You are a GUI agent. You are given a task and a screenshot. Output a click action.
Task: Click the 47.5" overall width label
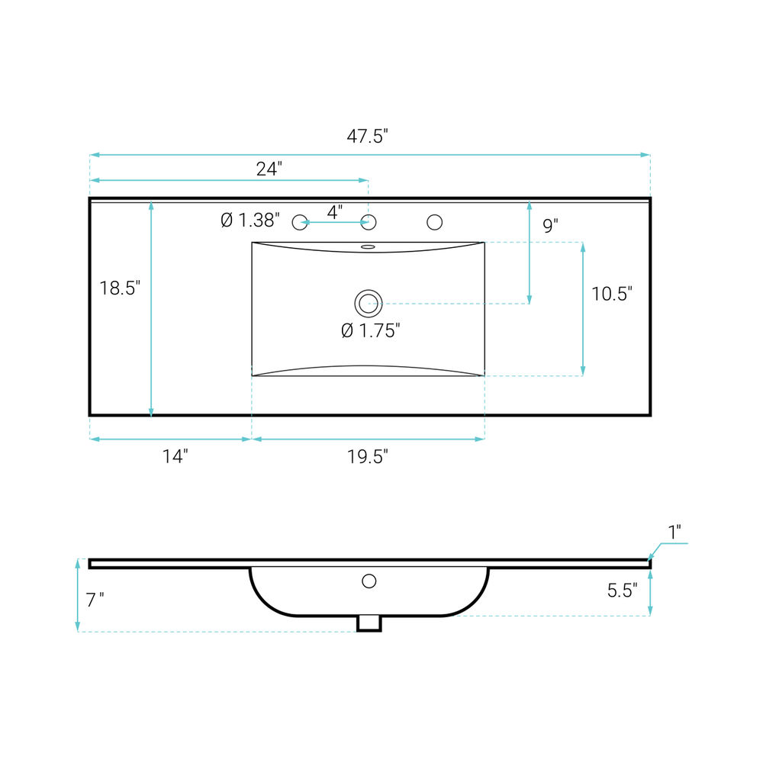point(368,137)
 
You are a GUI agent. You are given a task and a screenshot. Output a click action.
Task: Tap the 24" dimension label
point(269,169)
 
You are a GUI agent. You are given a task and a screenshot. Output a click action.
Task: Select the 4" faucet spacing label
point(335,212)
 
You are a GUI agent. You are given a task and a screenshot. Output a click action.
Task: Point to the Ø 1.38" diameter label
point(250,221)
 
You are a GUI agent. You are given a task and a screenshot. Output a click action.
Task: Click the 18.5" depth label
point(120,288)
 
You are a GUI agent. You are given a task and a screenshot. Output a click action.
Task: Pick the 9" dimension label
point(550,226)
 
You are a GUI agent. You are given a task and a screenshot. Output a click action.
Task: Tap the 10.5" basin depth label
point(612,294)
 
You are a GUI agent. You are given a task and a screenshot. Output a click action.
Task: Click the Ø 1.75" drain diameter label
point(371,331)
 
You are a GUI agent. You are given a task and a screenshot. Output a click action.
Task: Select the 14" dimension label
point(175,456)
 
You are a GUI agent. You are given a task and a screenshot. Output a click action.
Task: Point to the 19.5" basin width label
point(368,457)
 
